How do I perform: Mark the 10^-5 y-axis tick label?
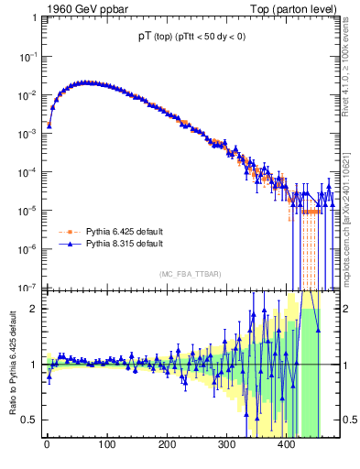pyautogui.click(x=26, y=210)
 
